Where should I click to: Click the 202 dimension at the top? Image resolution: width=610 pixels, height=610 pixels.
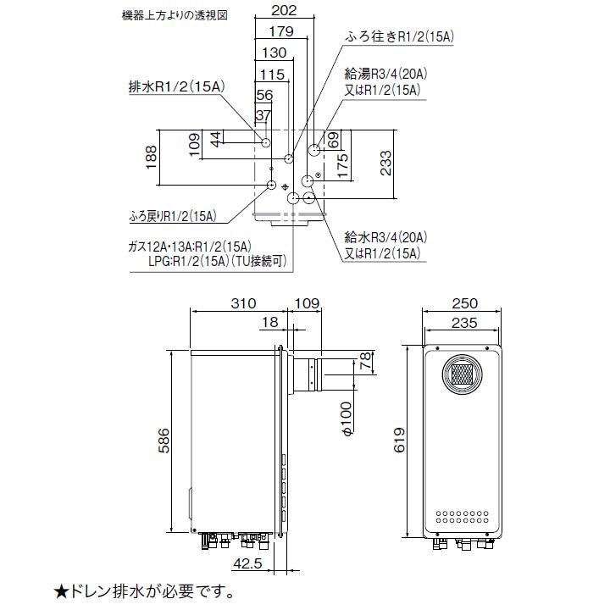tap(286, 11)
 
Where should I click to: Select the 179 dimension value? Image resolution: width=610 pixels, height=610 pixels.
tap(280, 32)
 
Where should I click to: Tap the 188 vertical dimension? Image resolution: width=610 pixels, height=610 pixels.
tap(152, 158)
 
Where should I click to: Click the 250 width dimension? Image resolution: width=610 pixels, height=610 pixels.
tap(465, 303)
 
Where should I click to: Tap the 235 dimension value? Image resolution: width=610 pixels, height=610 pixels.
tap(465, 322)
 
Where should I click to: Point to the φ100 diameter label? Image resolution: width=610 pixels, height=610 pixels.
tap(346, 419)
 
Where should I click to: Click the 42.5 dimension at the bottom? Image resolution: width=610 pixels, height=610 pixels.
tap(247, 563)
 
